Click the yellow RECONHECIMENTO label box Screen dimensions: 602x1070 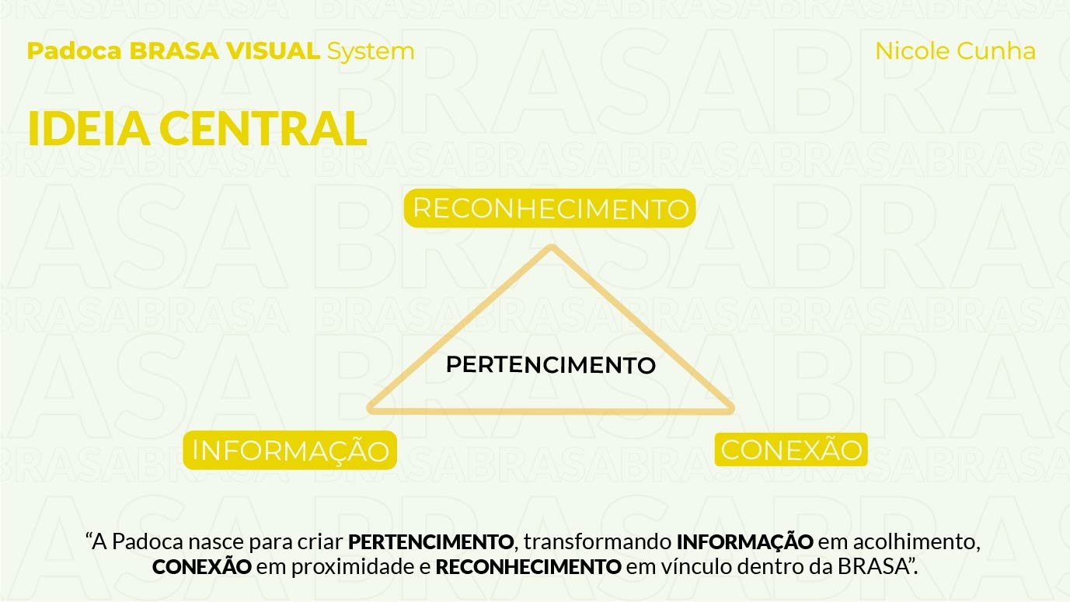pos(549,208)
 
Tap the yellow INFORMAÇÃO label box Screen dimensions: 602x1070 pos(290,451)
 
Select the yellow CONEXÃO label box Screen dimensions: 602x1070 pos(791,450)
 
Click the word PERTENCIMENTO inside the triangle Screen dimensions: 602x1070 pos(551,365)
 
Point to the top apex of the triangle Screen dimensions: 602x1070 pos(552,249)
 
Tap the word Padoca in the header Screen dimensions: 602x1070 pos(75,51)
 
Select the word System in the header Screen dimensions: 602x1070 pos(371,51)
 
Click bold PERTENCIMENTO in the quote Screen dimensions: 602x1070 pos(430,541)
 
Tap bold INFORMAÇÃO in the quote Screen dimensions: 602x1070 pos(744,541)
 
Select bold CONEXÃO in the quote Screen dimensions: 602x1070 pos(202,567)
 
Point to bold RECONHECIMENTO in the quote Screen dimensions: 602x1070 pos(528,567)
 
